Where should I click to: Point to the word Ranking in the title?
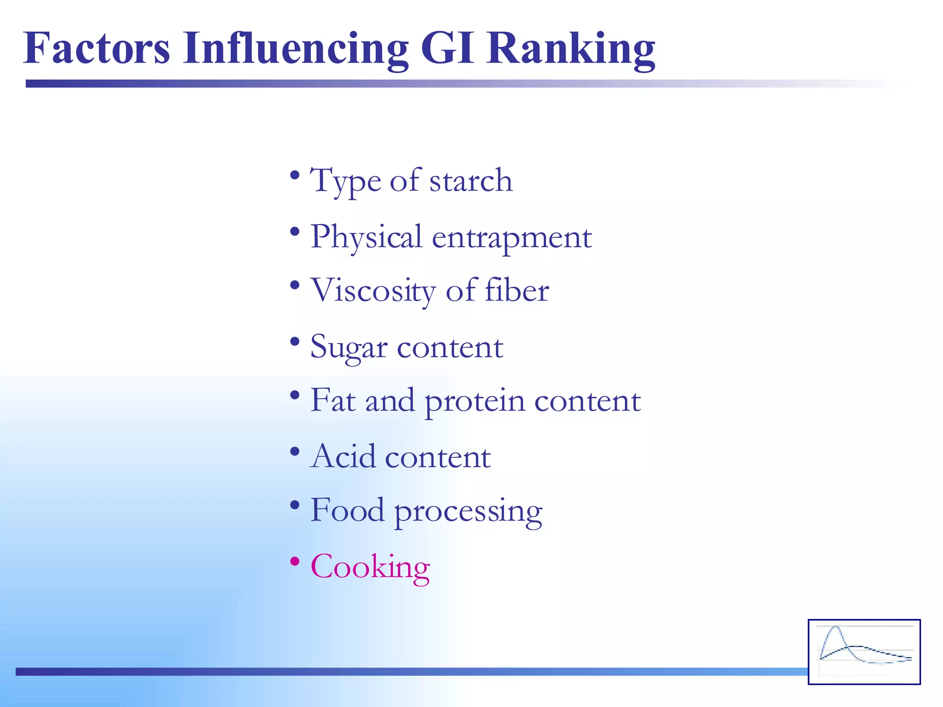point(571,50)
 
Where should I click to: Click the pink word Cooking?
point(370,567)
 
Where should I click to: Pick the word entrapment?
point(512,238)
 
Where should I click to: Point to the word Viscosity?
point(373,291)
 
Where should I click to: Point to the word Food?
point(347,510)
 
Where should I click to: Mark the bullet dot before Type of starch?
point(295,175)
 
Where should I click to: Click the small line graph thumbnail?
point(864,652)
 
